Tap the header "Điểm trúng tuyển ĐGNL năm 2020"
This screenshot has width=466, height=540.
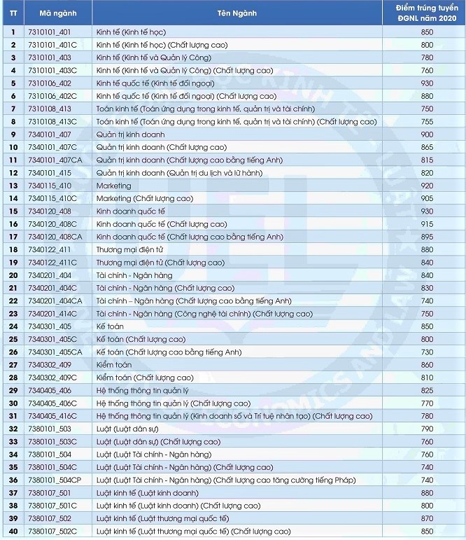point(428,12)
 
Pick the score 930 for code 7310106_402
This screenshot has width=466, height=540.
point(428,83)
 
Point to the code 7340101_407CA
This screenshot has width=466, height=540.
point(55,160)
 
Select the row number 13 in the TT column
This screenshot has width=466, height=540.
point(13,186)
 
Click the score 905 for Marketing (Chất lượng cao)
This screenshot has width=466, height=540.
point(428,198)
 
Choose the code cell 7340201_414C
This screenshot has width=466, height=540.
point(52,313)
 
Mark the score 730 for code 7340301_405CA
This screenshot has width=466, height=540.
point(428,352)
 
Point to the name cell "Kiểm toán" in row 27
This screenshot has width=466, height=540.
point(114,364)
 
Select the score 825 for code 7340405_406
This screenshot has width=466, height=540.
point(428,390)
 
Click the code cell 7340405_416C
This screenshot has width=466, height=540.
point(52,415)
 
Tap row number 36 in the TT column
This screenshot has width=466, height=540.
point(13,480)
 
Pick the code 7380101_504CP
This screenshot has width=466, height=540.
point(55,480)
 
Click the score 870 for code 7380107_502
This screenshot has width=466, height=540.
point(428,518)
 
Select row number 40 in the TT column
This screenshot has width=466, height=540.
point(13,531)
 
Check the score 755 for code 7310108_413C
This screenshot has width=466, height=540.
point(428,121)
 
